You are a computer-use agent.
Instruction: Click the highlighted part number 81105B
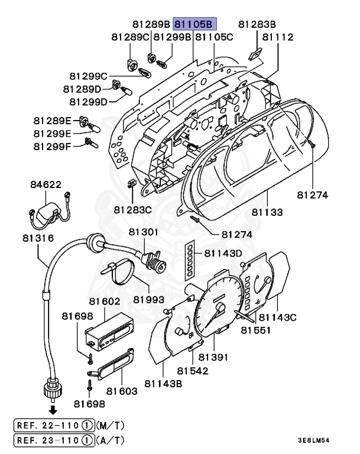(194, 24)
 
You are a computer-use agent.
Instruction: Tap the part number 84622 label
(46, 184)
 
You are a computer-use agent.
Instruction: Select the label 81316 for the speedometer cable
(38, 238)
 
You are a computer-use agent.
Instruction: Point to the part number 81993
(148, 299)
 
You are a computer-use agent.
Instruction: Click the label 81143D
(223, 254)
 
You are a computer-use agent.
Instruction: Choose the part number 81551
(256, 330)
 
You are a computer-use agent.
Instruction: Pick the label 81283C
(132, 210)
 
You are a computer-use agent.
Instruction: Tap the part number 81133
(267, 212)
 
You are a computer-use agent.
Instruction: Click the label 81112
(278, 37)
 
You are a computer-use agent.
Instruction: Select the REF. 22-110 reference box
(54, 426)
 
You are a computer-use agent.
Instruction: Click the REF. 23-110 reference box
(54, 440)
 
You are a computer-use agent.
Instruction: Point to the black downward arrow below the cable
(53, 410)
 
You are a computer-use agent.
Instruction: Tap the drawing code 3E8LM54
(314, 440)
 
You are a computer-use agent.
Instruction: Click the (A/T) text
(110, 440)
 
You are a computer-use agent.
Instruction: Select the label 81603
(122, 391)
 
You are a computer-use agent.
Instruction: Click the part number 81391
(213, 357)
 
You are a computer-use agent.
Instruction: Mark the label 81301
(144, 232)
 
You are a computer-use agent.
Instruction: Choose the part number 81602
(105, 301)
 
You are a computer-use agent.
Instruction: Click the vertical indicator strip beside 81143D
(190, 262)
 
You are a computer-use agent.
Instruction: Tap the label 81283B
(257, 24)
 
